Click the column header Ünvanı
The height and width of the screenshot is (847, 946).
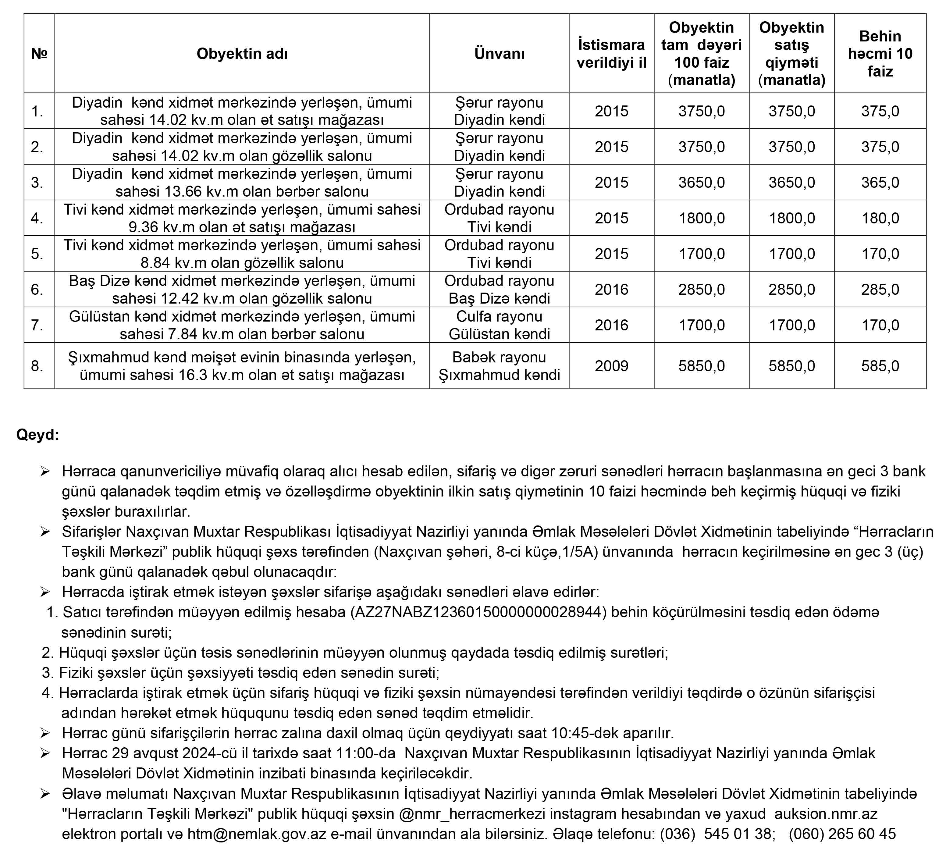[x=499, y=54]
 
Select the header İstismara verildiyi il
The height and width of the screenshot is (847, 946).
[x=611, y=54]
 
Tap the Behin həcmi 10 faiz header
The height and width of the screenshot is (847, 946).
[x=880, y=54]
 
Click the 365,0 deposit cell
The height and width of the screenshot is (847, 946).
[x=880, y=183]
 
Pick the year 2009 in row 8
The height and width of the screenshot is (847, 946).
[x=611, y=366]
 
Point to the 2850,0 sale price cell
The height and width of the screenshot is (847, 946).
[x=791, y=290]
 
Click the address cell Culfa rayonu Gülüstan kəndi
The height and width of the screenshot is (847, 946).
[x=499, y=325]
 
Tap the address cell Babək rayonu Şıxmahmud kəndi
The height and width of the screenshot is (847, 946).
[x=499, y=366]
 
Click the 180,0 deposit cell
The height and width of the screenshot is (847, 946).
[x=880, y=218]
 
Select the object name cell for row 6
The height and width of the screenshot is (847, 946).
[x=242, y=290]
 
